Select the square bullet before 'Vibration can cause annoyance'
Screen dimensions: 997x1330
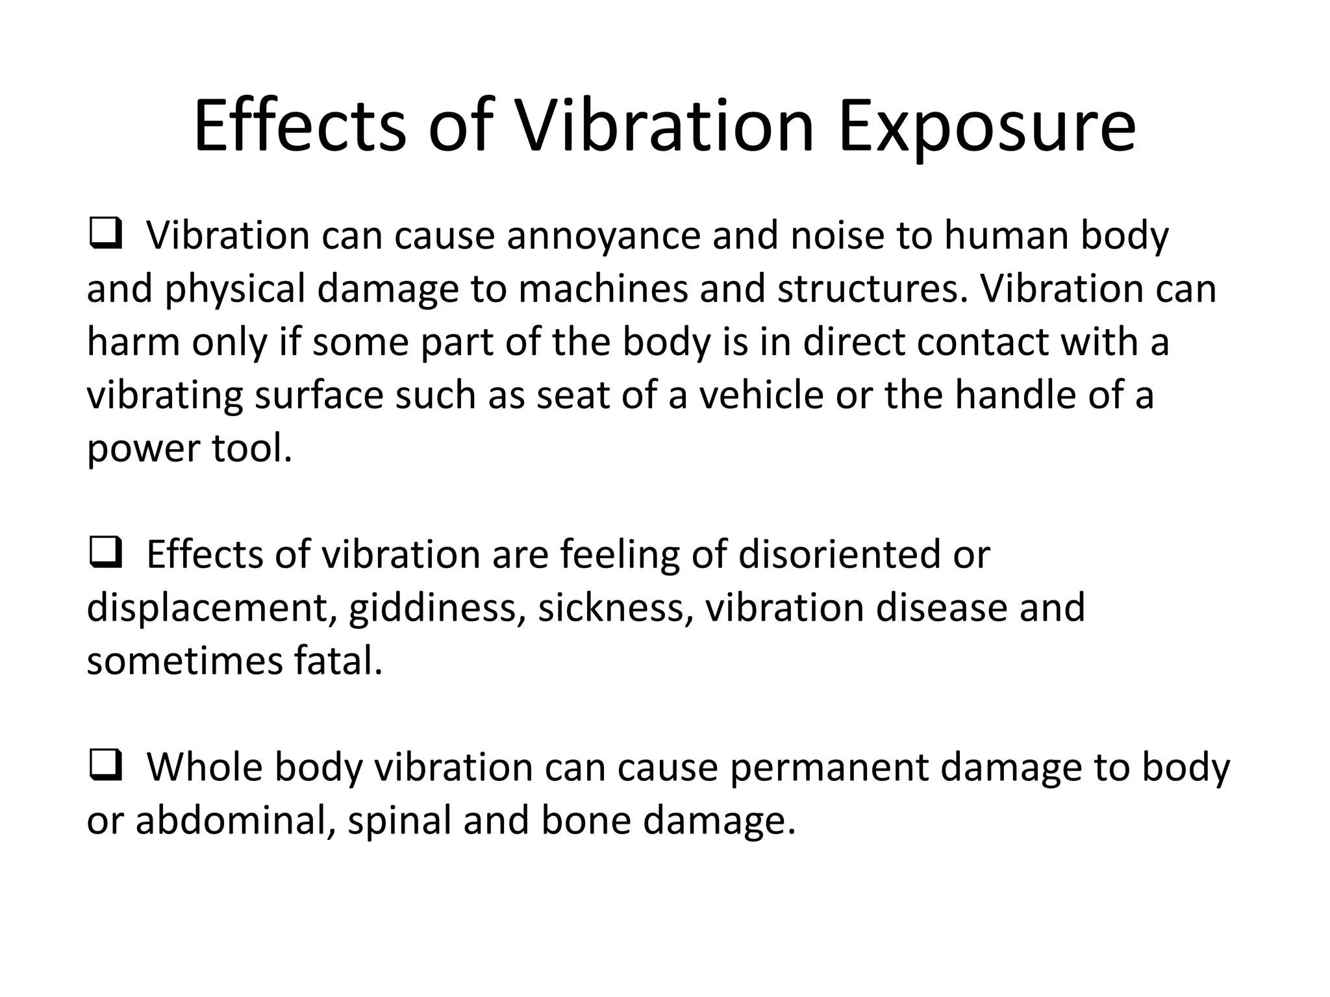(x=106, y=235)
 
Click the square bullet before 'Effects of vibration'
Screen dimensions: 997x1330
(x=106, y=554)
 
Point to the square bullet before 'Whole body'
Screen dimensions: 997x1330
(x=106, y=767)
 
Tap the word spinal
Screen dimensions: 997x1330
(x=399, y=820)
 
